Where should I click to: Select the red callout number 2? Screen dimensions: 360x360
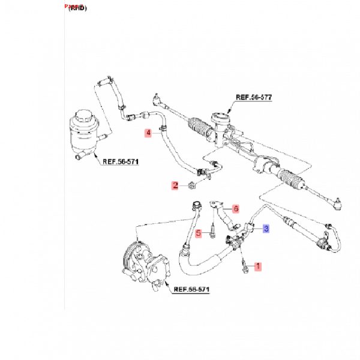(x=176, y=186)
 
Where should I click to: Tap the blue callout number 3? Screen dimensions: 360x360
(x=266, y=229)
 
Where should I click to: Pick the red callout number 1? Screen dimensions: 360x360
(x=259, y=266)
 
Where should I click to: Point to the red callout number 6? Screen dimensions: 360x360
(x=236, y=209)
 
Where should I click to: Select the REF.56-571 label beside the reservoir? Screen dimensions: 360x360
(x=119, y=161)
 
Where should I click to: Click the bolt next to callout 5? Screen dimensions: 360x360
(x=212, y=231)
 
